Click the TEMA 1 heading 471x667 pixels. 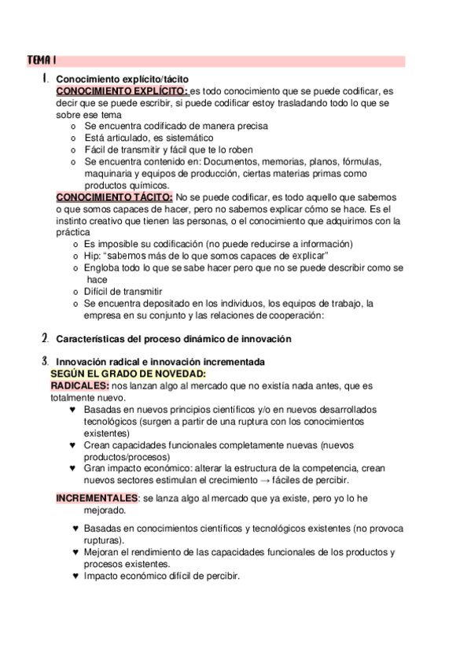(40, 61)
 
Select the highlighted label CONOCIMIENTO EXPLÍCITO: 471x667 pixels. (121, 91)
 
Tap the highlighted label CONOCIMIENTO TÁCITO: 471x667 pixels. (114, 197)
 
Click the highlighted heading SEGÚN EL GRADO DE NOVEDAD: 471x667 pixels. (127, 374)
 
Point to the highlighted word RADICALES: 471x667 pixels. (80, 385)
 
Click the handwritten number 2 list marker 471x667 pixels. (45, 339)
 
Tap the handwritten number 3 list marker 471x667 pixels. (45, 361)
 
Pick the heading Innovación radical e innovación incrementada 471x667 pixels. (160, 361)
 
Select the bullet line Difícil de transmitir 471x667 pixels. (123, 291)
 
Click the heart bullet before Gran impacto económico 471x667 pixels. (73, 468)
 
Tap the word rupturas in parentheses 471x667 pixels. (105, 540)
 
